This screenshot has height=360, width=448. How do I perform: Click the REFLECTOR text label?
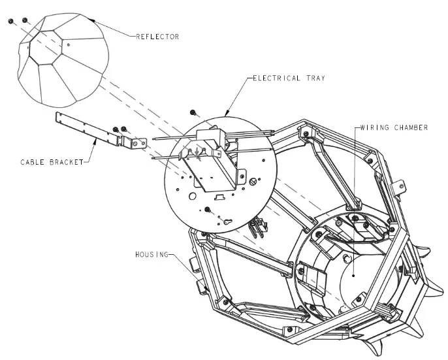(x=157, y=37)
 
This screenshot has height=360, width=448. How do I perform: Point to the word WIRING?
(x=373, y=127)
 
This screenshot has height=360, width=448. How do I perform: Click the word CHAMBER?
(x=411, y=127)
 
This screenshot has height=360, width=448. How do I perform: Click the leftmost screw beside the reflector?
(x=10, y=22)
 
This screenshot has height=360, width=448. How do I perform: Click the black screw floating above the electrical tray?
(x=193, y=113)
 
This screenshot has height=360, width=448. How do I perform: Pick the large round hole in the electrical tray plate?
(x=193, y=195)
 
